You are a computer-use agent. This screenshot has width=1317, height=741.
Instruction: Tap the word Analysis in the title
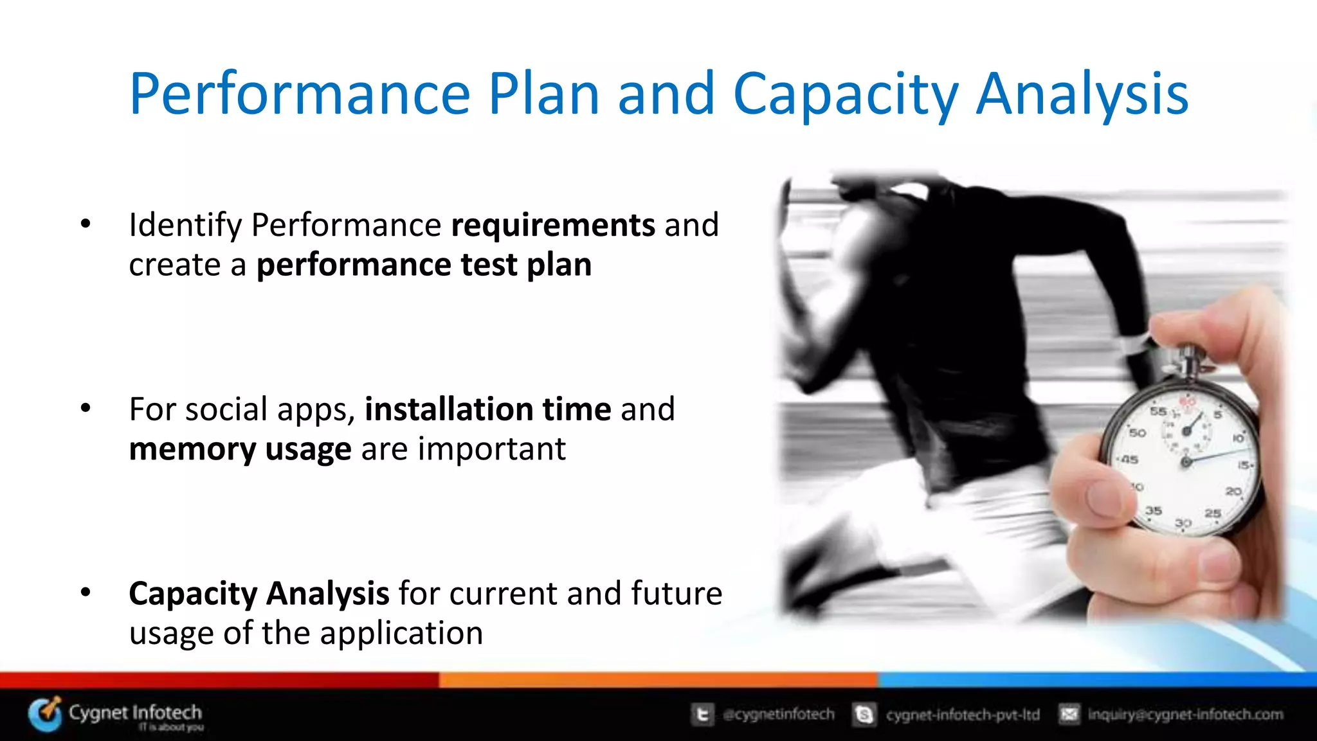[1082, 94]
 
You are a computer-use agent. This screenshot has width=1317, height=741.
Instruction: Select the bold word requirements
[553, 226]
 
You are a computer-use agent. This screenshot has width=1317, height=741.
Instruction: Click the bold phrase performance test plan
[424, 265]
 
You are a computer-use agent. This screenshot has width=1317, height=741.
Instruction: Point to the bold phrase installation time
[487, 409]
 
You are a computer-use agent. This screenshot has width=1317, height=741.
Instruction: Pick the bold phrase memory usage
[240, 449]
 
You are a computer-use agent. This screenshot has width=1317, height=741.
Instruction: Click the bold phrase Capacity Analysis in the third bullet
[259, 593]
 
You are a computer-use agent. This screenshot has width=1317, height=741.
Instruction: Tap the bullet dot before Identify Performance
[86, 224]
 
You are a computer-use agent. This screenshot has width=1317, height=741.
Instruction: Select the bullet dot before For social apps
[86, 409]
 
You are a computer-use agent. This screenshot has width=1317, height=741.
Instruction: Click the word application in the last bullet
[401, 634]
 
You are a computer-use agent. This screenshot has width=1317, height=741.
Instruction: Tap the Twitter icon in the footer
[702, 714]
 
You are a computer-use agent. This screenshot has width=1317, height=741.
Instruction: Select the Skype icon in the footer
[864, 714]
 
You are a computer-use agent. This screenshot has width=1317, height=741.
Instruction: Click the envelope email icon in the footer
[1069, 714]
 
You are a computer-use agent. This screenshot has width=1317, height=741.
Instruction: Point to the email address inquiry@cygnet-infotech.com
[1185, 714]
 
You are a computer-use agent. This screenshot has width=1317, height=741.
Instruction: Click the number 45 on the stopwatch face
[1130, 460]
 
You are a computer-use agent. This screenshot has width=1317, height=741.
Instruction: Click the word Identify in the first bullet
[185, 226]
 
